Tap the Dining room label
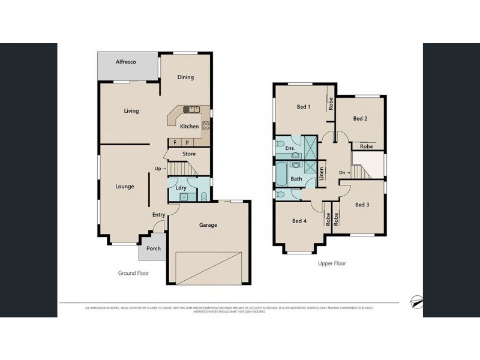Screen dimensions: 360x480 point(185,77)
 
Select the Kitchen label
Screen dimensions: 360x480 point(190,126)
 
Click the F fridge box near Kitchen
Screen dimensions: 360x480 point(175,143)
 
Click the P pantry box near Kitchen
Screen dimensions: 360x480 point(187,143)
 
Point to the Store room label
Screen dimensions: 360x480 point(189,154)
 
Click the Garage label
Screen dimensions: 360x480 point(208,225)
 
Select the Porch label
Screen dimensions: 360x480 point(154,248)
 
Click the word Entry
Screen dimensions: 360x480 point(158,214)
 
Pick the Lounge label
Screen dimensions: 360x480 point(125,187)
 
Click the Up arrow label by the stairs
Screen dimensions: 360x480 point(160,168)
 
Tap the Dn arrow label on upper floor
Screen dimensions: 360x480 point(344,173)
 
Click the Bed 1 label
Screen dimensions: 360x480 point(304,107)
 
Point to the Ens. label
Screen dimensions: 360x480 point(290,148)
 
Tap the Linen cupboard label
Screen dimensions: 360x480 point(322,174)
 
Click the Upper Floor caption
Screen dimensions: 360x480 point(331,263)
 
